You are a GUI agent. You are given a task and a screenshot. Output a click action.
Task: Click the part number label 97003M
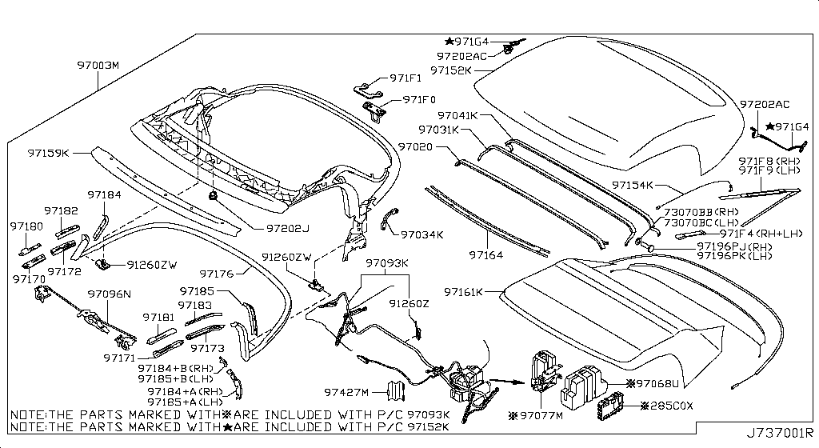(x=98, y=65)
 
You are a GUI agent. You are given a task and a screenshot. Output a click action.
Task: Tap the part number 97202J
(x=287, y=228)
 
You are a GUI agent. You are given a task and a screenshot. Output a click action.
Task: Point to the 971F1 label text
(x=406, y=78)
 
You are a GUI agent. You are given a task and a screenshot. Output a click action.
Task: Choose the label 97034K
(x=421, y=235)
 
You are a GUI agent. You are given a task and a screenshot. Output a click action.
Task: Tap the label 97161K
(x=466, y=292)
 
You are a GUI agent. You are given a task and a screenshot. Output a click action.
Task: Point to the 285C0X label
(x=670, y=406)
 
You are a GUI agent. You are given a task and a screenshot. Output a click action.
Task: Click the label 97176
(x=216, y=274)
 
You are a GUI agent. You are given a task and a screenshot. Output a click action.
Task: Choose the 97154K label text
(x=633, y=185)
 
